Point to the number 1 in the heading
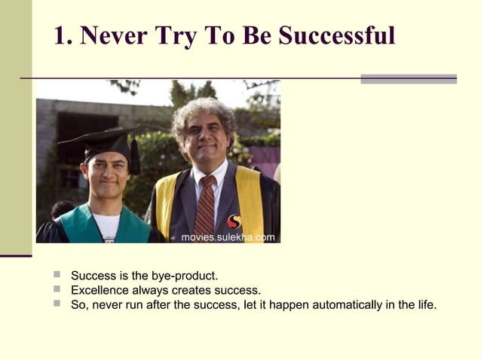tap(60, 35)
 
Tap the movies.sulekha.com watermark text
tap(228, 237)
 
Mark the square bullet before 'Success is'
tap(57, 275)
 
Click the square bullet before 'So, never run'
tap(57, 304)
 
